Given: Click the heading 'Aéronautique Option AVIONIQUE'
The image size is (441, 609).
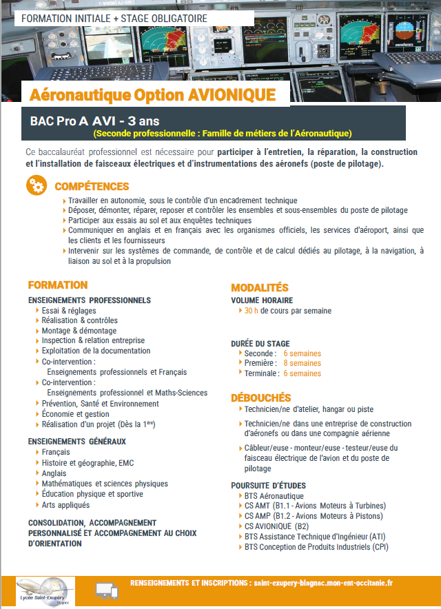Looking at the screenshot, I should [152, 94].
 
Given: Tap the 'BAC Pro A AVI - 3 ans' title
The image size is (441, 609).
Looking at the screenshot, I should [95, 121].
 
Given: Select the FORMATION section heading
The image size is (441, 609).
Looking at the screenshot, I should [58, 285].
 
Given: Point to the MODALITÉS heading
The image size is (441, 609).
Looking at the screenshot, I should [260, 287].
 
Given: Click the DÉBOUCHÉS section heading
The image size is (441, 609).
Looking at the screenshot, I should [261, 398].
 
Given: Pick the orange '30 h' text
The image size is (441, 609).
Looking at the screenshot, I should [252, 311].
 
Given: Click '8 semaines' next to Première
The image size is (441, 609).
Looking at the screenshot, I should [302, 363].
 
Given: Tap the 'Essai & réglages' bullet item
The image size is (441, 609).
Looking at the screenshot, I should [68, 311].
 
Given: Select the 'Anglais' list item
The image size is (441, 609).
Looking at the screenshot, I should [54, 474].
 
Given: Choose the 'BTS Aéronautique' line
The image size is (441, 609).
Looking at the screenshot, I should [274, 496].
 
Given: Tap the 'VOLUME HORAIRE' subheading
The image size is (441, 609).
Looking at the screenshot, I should [262, 300].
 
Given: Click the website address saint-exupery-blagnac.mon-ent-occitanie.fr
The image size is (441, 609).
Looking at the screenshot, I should [323, 582].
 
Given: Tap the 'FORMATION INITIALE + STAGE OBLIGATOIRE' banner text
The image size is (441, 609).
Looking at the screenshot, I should [114, 18].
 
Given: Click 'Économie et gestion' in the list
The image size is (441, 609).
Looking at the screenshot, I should [75, 414].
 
